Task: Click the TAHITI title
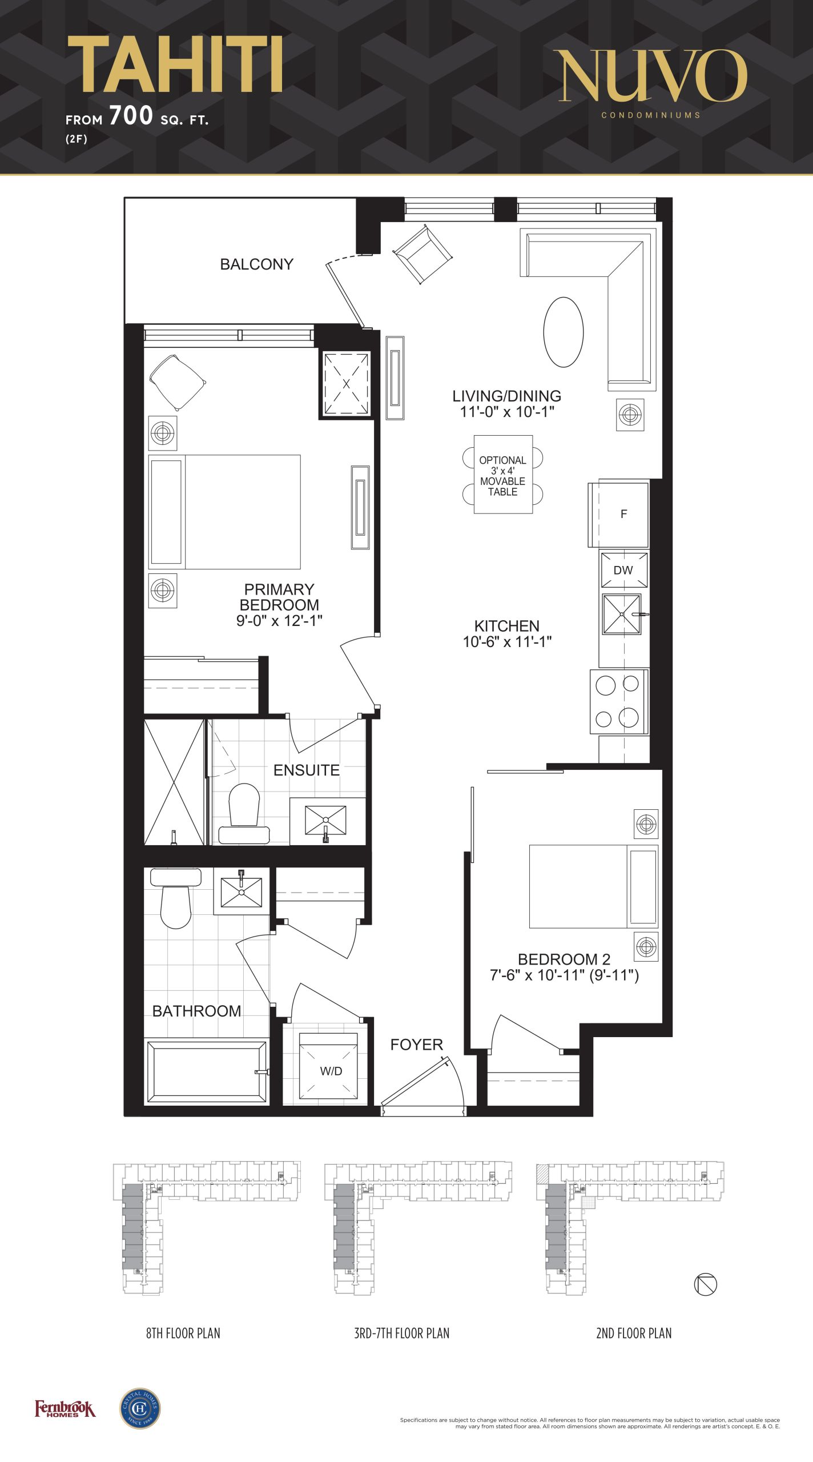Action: [175, 64]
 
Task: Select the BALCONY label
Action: [257, 264]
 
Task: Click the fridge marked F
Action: [619, 514]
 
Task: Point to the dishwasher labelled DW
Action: [623, 569]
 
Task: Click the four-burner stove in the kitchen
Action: [619, 701]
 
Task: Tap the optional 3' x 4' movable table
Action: [503, 475]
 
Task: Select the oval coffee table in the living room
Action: [564, 332]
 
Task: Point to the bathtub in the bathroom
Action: [206, 1072]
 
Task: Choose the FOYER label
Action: [416, 1045]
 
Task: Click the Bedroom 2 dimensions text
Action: [564, 975]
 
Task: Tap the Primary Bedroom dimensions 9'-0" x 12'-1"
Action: [280, 621]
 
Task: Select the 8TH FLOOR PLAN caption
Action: [183, 1333]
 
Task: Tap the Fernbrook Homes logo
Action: [65, 1409]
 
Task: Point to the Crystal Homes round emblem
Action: [140, 1408]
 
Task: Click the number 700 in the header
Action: [131, 115]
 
